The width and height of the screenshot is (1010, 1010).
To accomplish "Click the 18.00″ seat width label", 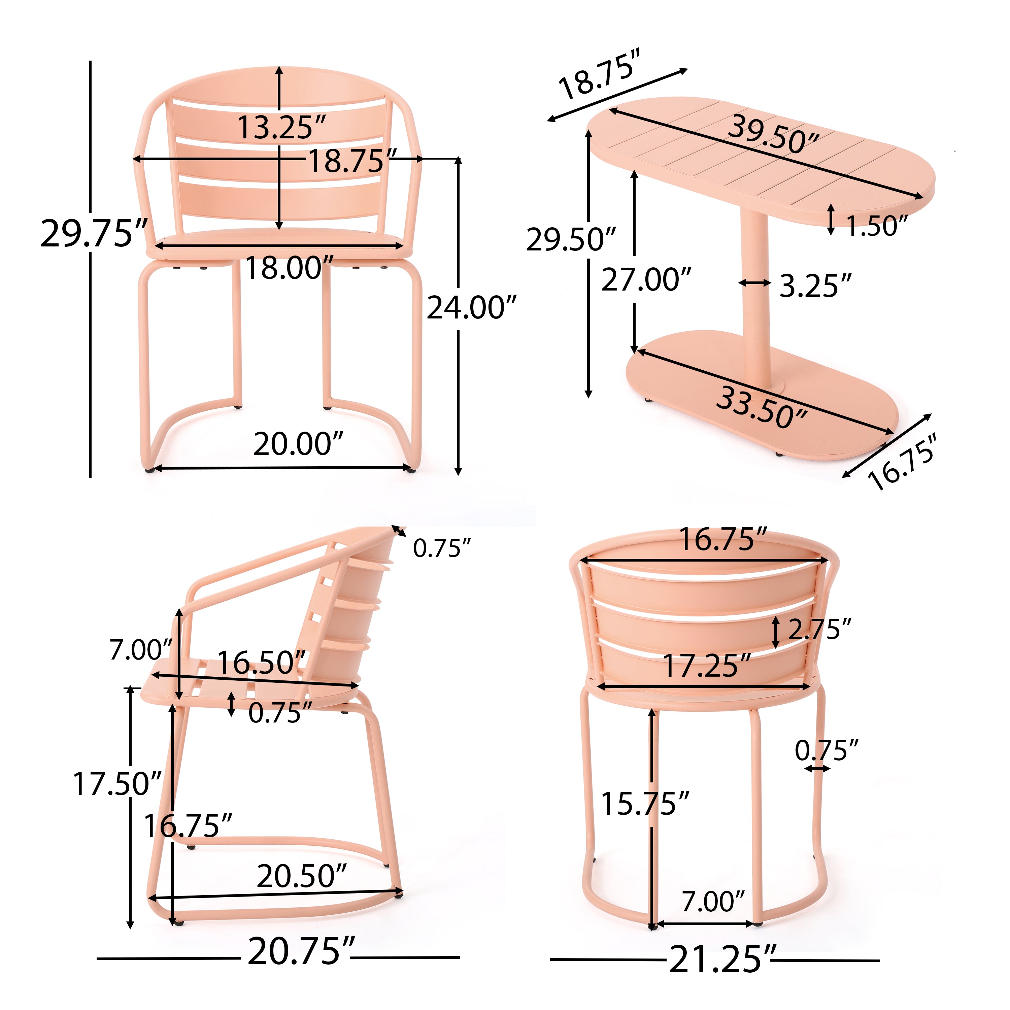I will pyautogui.click(x=289, y=268).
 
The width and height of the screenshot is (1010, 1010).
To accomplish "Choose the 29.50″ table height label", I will pyautogui.click(x=571, y=239).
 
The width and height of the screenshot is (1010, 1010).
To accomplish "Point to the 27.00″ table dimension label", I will pyautogui.click(x=646, y=280).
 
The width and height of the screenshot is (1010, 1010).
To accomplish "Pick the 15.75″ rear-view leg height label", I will pyautogui.click(x=645, y=804).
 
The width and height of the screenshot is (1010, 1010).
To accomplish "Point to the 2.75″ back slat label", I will pyautogui.click(x=819, y=629).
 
